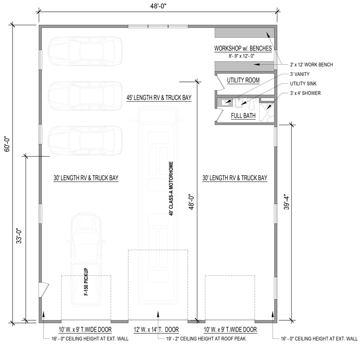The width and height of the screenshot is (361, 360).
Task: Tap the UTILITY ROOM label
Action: [243, 80]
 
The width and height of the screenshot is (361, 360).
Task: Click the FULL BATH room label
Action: [243, 116]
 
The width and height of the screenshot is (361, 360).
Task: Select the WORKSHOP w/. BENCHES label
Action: [242, 48]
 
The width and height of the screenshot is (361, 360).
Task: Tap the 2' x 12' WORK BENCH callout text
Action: [312, 65]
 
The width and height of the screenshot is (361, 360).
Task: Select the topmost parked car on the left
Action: [85, 52]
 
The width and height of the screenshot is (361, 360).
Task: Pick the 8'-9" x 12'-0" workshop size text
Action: [242, 56]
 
